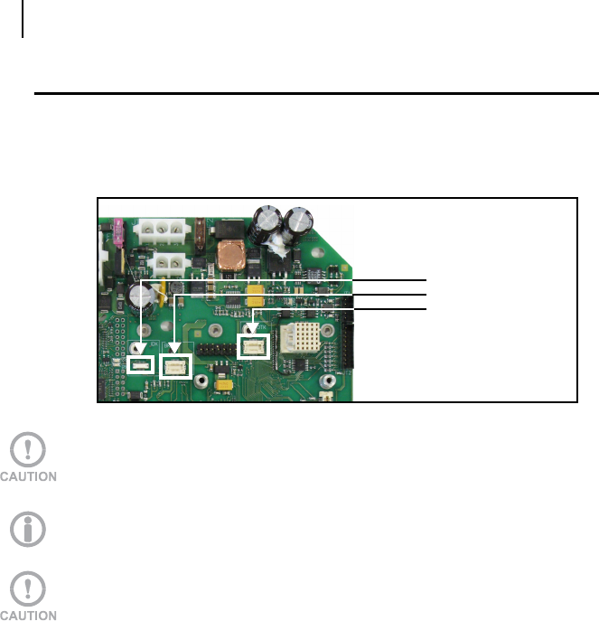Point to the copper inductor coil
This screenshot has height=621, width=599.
point(230,256)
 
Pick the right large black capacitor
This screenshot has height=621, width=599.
point(297,222)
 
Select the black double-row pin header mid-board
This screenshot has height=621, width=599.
point(214,349)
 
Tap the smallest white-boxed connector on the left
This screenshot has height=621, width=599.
point(140,365)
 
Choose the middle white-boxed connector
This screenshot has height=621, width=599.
point(175,365)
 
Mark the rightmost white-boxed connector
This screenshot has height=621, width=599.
point(253,345)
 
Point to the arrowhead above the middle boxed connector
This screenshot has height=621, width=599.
point(174,347)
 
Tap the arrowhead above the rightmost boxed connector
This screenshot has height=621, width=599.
point(254,327)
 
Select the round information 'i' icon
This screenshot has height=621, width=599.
point(30,528)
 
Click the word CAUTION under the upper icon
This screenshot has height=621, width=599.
point(30,476)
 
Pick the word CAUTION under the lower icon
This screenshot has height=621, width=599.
point(30,616)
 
